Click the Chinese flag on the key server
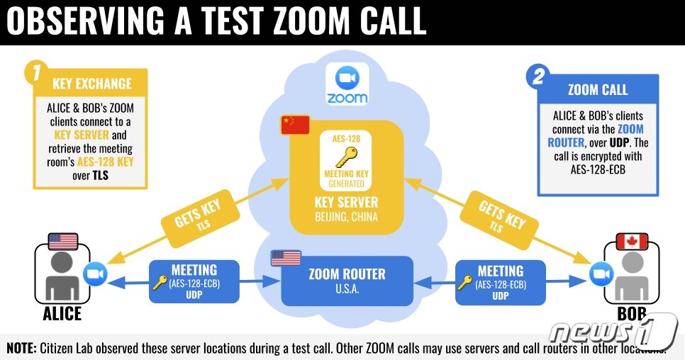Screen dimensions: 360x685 [x=295, y=124]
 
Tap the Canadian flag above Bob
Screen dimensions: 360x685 [x=632, y=241]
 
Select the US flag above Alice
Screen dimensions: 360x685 [x=63, y=242]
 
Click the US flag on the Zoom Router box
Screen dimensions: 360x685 [x=285, y=258]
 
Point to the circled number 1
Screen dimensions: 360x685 [x=33, y=72]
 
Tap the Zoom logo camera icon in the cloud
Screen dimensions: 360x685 [x=347, y=78]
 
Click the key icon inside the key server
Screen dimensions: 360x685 [x=347, y=157]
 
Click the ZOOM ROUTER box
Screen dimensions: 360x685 [x=347, y=281]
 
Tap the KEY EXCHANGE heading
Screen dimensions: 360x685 [x=92, y=84]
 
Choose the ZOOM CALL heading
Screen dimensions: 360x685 [x=598, y=90]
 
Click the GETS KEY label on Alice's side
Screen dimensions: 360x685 [x=191, y=215]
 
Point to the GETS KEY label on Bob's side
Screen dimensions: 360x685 [x=502, y=215]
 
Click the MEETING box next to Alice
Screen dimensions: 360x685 [x=194, y=281]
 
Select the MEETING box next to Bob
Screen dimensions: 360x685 [x=501, y=281]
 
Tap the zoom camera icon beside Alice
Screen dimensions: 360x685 [x=94, y=274]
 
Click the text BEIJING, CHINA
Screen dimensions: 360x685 [x=346, y=216]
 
